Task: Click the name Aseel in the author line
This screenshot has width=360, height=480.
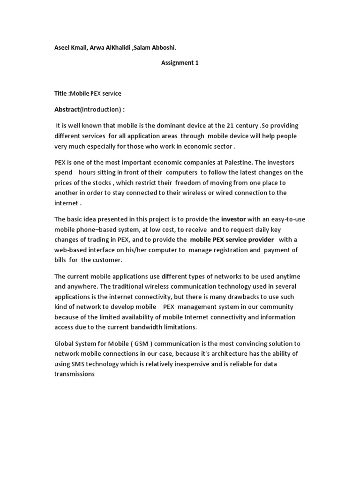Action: [62, 48]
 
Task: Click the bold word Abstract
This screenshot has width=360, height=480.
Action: [67, 109]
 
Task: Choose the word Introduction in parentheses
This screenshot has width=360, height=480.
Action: [101, 109]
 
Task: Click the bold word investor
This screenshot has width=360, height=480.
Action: [233, 219]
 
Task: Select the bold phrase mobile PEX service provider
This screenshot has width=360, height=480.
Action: [232, 240]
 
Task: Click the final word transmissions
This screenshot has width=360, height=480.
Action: [75, 374]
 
